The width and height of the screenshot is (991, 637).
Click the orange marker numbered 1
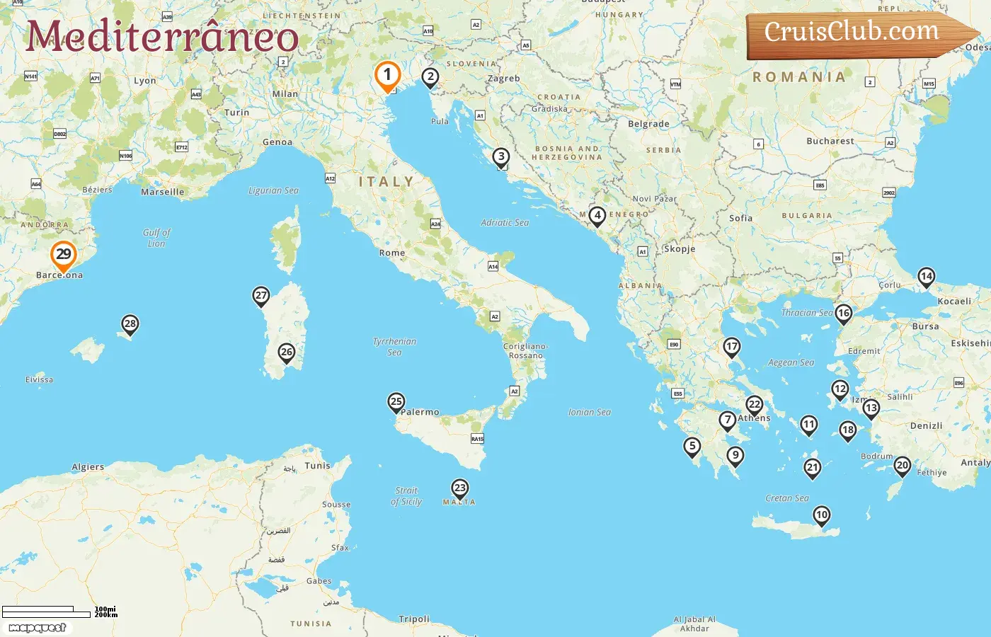tap(387, 75)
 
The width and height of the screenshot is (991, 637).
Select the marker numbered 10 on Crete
tap(821, 515)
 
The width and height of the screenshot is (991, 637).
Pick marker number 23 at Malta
tap(460, 488)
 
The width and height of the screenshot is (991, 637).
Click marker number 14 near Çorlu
tap(926, 277)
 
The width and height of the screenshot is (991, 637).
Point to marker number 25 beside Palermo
tap(396, 402)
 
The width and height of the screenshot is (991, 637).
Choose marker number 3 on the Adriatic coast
tap(501, 157)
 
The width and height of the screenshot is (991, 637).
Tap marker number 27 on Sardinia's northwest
tap(261, 296)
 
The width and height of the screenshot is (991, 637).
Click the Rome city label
tap(392, 253)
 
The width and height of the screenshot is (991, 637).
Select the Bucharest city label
tap(830, 141)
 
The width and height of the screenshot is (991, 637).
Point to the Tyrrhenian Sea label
tap(394, 346)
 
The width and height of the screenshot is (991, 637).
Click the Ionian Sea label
tap(589, 412)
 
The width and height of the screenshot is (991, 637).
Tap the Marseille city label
tap(162, 192)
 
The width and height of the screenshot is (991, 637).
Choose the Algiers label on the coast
tap(88, 467)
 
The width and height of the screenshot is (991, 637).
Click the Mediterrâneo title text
tap(162, 37)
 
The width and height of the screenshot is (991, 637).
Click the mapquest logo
tap(37, 628)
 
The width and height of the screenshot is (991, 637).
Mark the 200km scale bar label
tap(106, 615)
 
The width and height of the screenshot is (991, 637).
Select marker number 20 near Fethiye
tap(902, 466)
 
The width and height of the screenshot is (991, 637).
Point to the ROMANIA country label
tap(799, 77)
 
